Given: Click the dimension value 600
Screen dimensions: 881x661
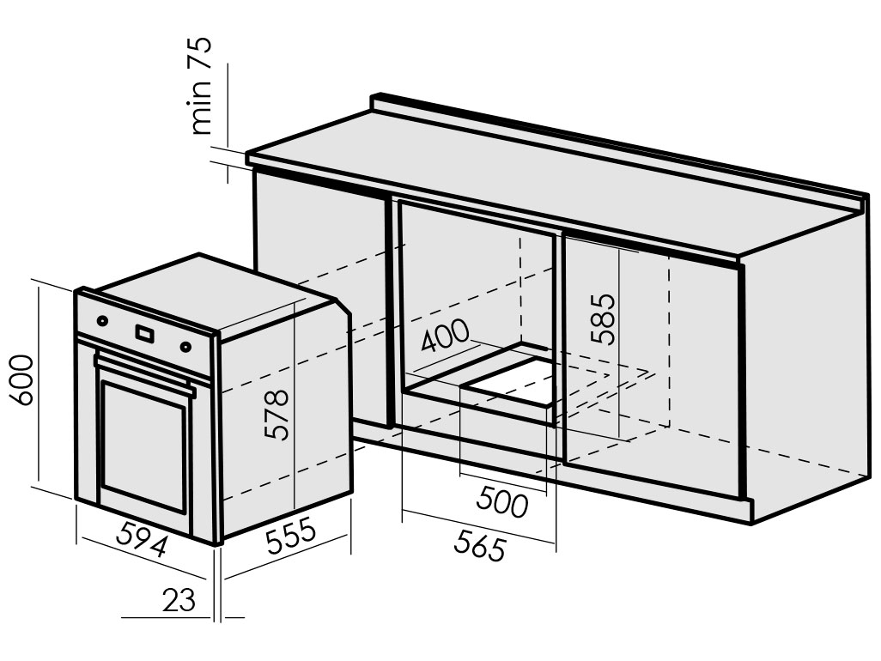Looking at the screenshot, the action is pyautogui.click(x=22, y=379).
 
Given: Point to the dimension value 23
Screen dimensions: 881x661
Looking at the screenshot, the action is pyautogui.click(x=179, y=600).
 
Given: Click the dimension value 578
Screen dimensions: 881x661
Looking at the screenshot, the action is pyautogui.click(x=276, y=415).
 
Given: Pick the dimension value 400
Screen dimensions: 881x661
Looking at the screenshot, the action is pyautogui.click(x=444, y=336).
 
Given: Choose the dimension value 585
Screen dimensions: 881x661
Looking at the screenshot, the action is pyautogui.click(x=604, y=318).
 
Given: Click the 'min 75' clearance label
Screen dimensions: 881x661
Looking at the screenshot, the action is pyautogui.click(x=201, y=86).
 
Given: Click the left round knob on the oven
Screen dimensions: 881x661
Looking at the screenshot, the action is pyautogui.click(x=102, y=321).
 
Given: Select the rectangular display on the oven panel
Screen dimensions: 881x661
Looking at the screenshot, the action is pyautogui.click(x=144, y=334).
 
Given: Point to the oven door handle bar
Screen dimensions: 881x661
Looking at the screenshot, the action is pyautogui.click(x=144, y=371).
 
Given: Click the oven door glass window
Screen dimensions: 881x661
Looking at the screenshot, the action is pyautogui.click(x=143, y=446).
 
